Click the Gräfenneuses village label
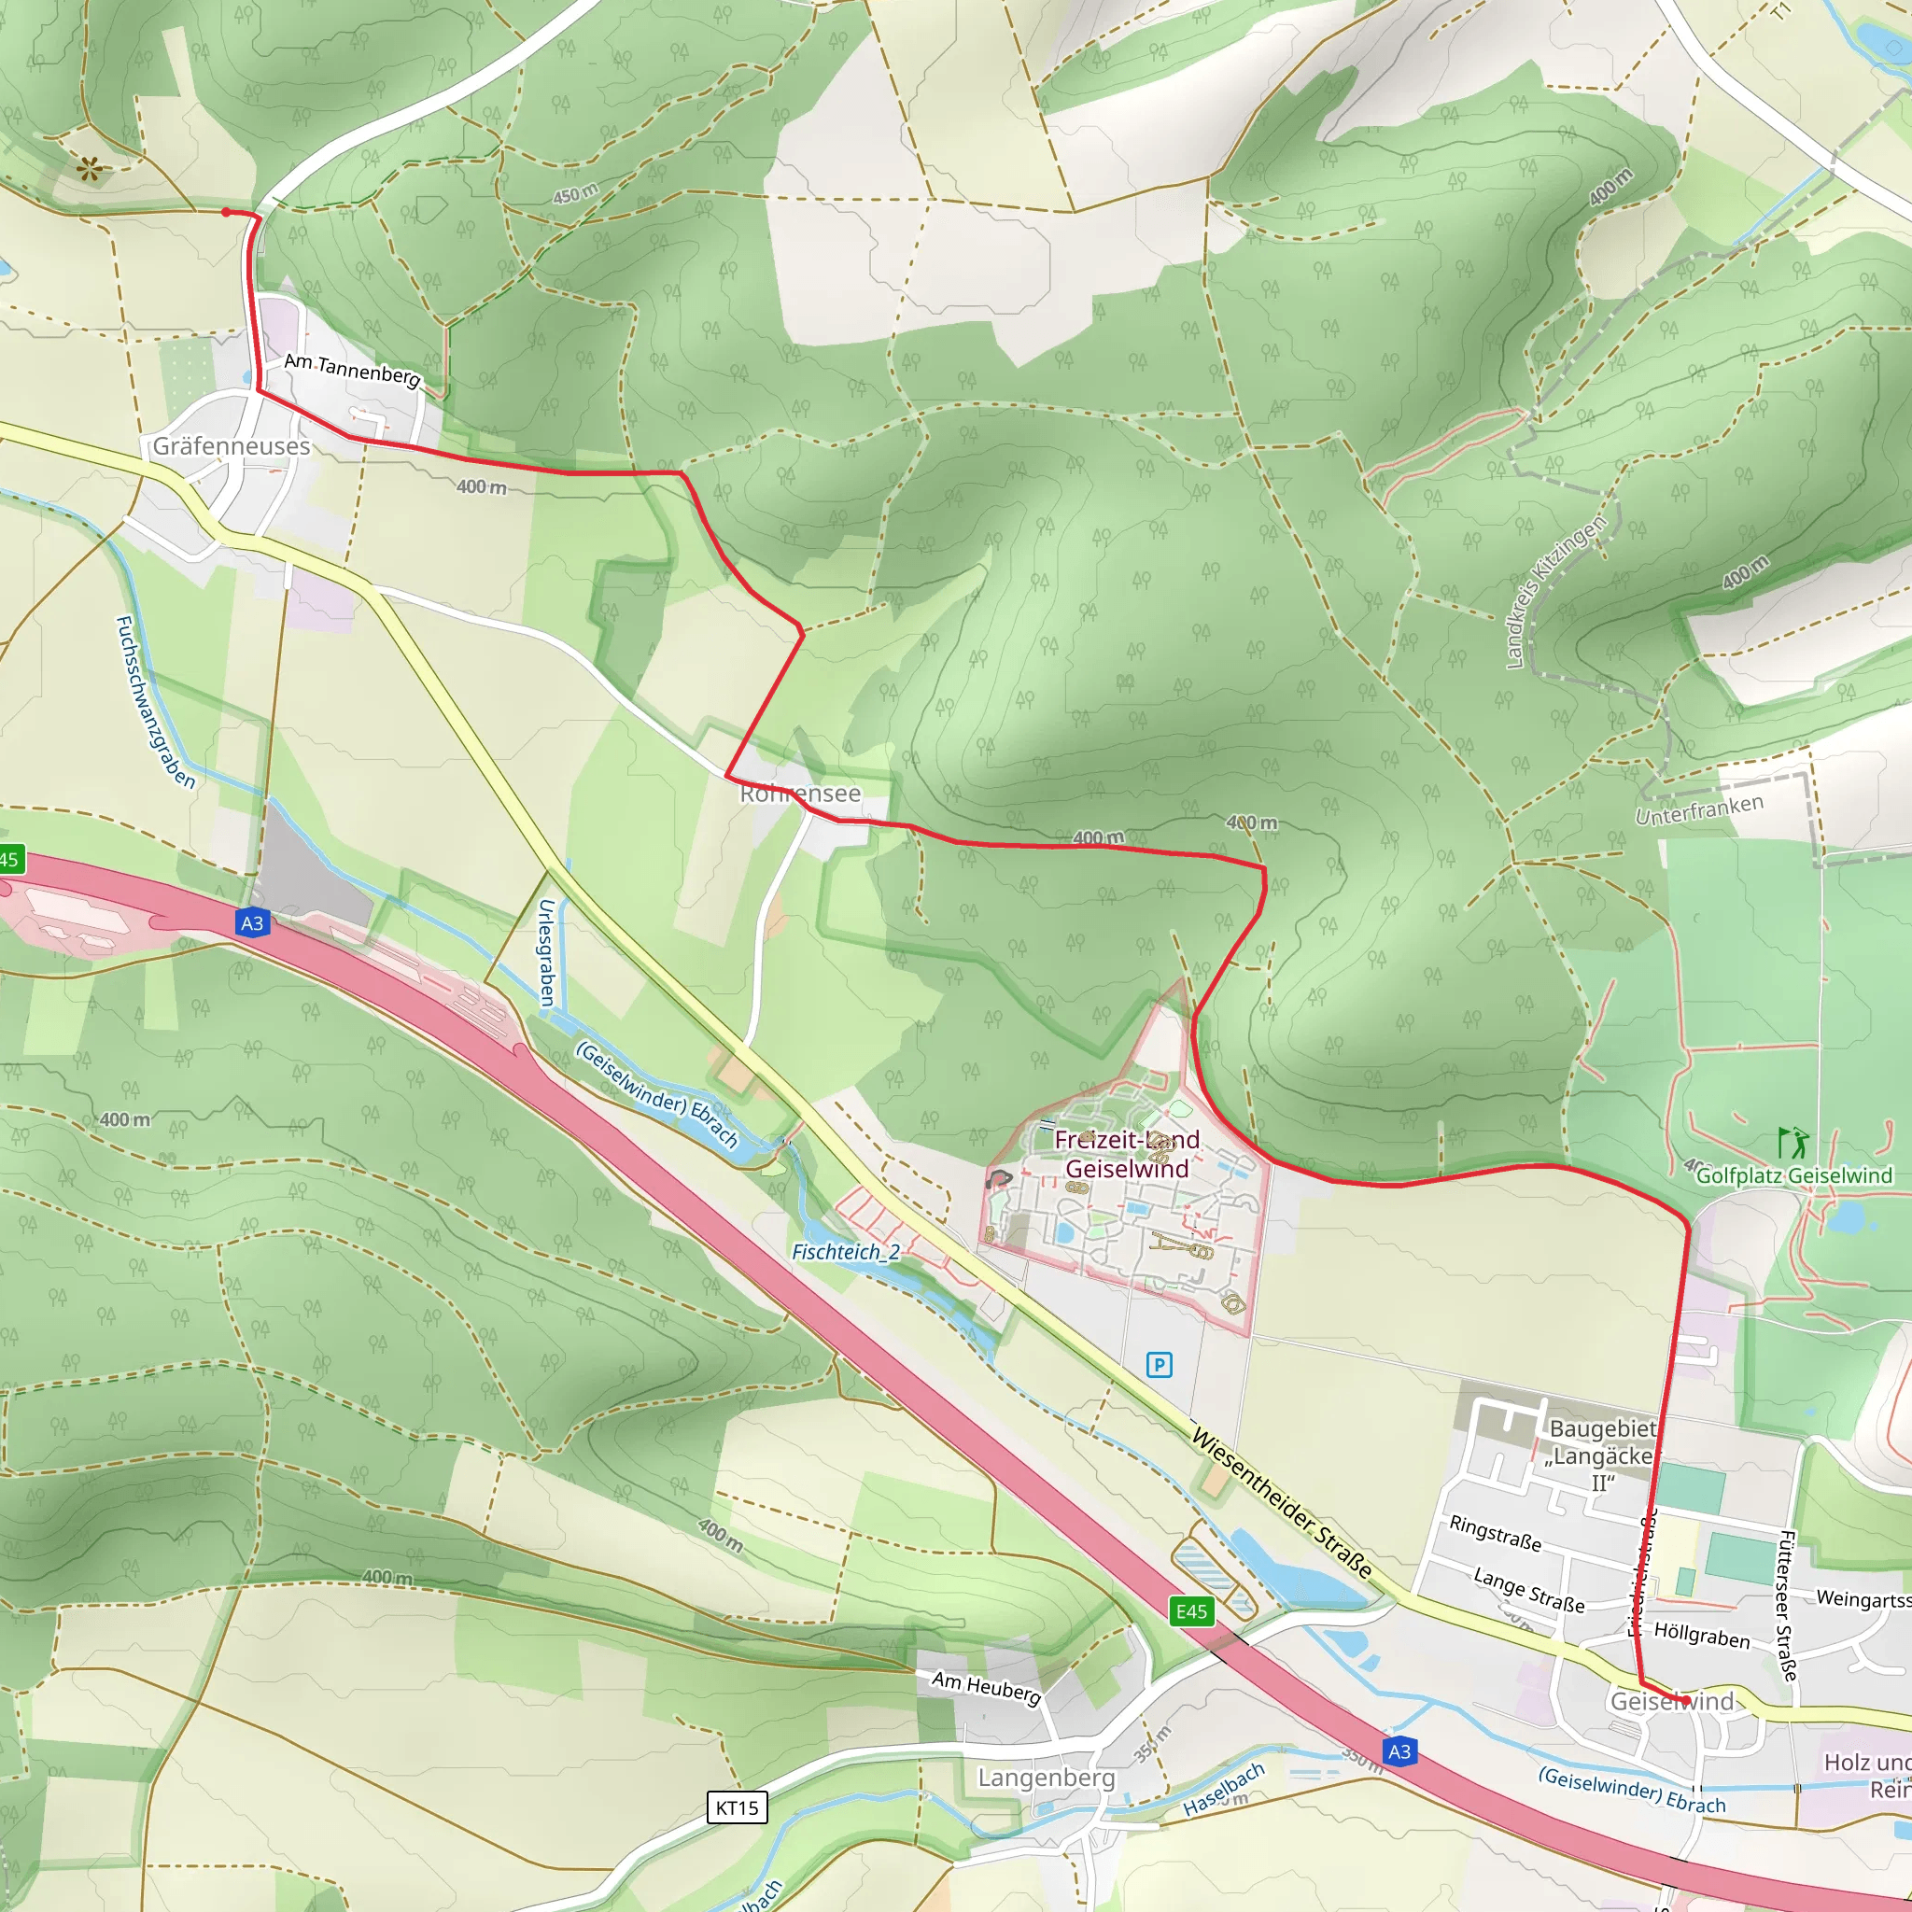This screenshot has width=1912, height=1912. point(231,446)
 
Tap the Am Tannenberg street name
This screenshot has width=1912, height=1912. point(352,370)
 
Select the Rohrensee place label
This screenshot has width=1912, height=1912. point(800,794)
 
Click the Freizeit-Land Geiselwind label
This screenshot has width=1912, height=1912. point(1126,1154)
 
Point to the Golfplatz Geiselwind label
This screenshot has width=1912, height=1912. point(1794,1175)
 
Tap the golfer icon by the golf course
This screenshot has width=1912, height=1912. point(1792,1143)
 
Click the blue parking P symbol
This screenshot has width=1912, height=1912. point(1159,1366)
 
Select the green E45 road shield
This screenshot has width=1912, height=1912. point(1191,1612)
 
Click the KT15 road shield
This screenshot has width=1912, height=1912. point(738,1808)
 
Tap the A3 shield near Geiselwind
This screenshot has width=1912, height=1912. point(1399,1751)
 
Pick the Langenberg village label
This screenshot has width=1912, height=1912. point(1046,1778)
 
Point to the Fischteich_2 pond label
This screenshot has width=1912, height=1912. point(846,1252)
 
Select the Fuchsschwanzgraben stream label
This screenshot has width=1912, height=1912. point(154,702)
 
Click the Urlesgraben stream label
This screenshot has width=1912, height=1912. point(546,952)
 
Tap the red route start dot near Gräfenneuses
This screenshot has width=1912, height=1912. point(227,212)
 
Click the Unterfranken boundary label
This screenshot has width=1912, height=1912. point(1699,809)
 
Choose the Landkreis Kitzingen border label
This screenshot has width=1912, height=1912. point(1554,592)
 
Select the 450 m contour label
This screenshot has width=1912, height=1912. point(575,194)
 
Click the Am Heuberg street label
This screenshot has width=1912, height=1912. point(987,1687)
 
